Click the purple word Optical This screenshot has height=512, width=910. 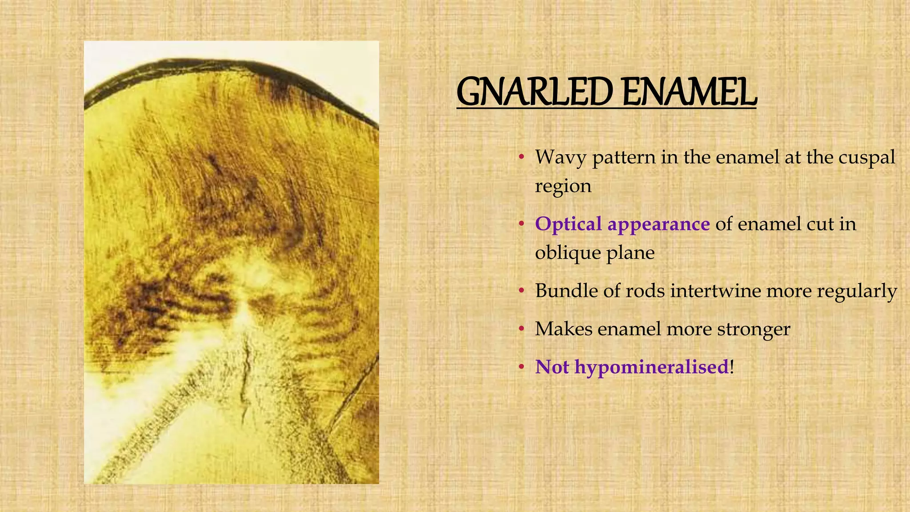568,224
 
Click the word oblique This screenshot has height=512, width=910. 567,253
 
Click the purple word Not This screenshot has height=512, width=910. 552,367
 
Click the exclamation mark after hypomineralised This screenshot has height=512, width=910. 732,367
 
